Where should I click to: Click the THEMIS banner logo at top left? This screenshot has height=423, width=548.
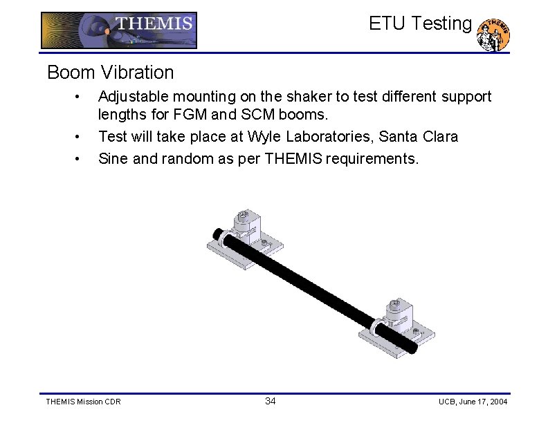coord(118,30)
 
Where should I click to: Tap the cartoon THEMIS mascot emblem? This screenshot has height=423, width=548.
coord(495,35)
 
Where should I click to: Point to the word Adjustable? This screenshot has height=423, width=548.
coord(131,97)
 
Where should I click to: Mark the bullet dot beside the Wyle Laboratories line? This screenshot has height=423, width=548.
coord(81,137)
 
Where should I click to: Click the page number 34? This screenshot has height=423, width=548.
coord(271,402)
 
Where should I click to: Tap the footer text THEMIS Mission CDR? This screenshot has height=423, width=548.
coord(82,402)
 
